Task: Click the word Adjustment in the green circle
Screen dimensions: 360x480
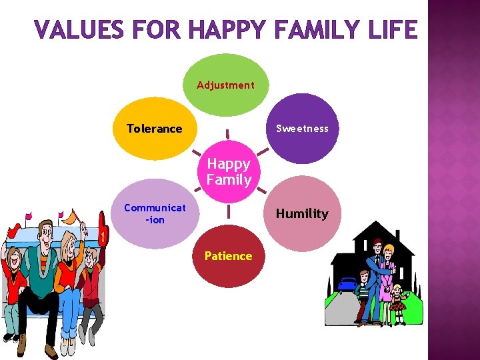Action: tap(225, 85)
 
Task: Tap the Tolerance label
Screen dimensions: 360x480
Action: tap(154, 129)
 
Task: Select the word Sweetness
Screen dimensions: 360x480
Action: tap(303, 129)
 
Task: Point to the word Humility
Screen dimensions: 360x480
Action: tap(302, 213)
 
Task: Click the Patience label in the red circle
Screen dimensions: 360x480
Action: tap(228, 256)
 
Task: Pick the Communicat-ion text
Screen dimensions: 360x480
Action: tap(155, 213)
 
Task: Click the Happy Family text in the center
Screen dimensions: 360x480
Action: tap(229, 171)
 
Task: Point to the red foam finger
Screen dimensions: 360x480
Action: tap(103, 227)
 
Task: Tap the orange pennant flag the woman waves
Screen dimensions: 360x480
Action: tap(67, 217)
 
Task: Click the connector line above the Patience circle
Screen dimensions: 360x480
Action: tap(228, 211)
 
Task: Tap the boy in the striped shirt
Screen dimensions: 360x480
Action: tap(363, 293)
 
